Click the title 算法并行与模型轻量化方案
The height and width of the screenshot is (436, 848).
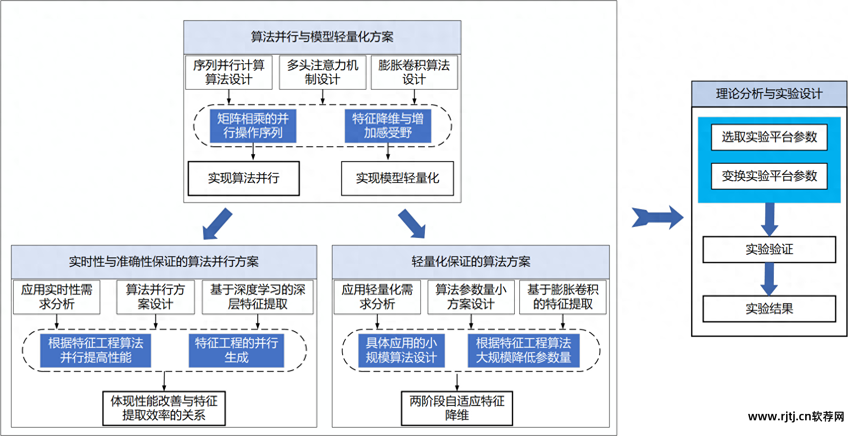click(x=322, y=37)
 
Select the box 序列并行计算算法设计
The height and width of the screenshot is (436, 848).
click(x=229, y=72)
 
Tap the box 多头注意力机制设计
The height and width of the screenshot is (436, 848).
click(x=322, y=72)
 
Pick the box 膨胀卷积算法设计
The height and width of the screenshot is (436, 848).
click(x=414, y=72)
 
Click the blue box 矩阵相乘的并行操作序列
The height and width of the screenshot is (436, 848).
click(x=253, y=126)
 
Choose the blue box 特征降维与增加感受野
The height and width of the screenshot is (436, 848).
click(x=388, y=126)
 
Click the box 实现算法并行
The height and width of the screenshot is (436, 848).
click(x=243, y=178)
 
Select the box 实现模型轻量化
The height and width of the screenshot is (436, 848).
click(x=397, y=178)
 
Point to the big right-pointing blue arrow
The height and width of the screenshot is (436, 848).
click(x=657, y=218)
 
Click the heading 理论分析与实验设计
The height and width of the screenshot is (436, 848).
click(x=769, y=94)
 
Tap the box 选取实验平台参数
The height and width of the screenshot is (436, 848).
click(x=769, y=137)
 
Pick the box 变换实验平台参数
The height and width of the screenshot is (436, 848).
click(x=769, y=176)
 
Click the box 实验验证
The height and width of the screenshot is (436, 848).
click(x=769, y=249)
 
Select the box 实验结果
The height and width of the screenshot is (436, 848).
click(x=769, y=309)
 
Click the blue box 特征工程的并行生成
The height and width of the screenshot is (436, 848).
click(x=236, y=350)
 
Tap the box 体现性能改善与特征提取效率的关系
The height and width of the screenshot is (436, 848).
click(x=164, y=408)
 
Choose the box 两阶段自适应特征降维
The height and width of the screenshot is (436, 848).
click(x=457, y=408)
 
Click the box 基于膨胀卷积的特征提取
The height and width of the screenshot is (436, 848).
click(x=562, y=297)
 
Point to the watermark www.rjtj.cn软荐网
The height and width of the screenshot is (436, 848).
click(x=795, y=416)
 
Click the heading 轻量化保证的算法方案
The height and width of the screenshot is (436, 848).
click(x=470, y=262)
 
